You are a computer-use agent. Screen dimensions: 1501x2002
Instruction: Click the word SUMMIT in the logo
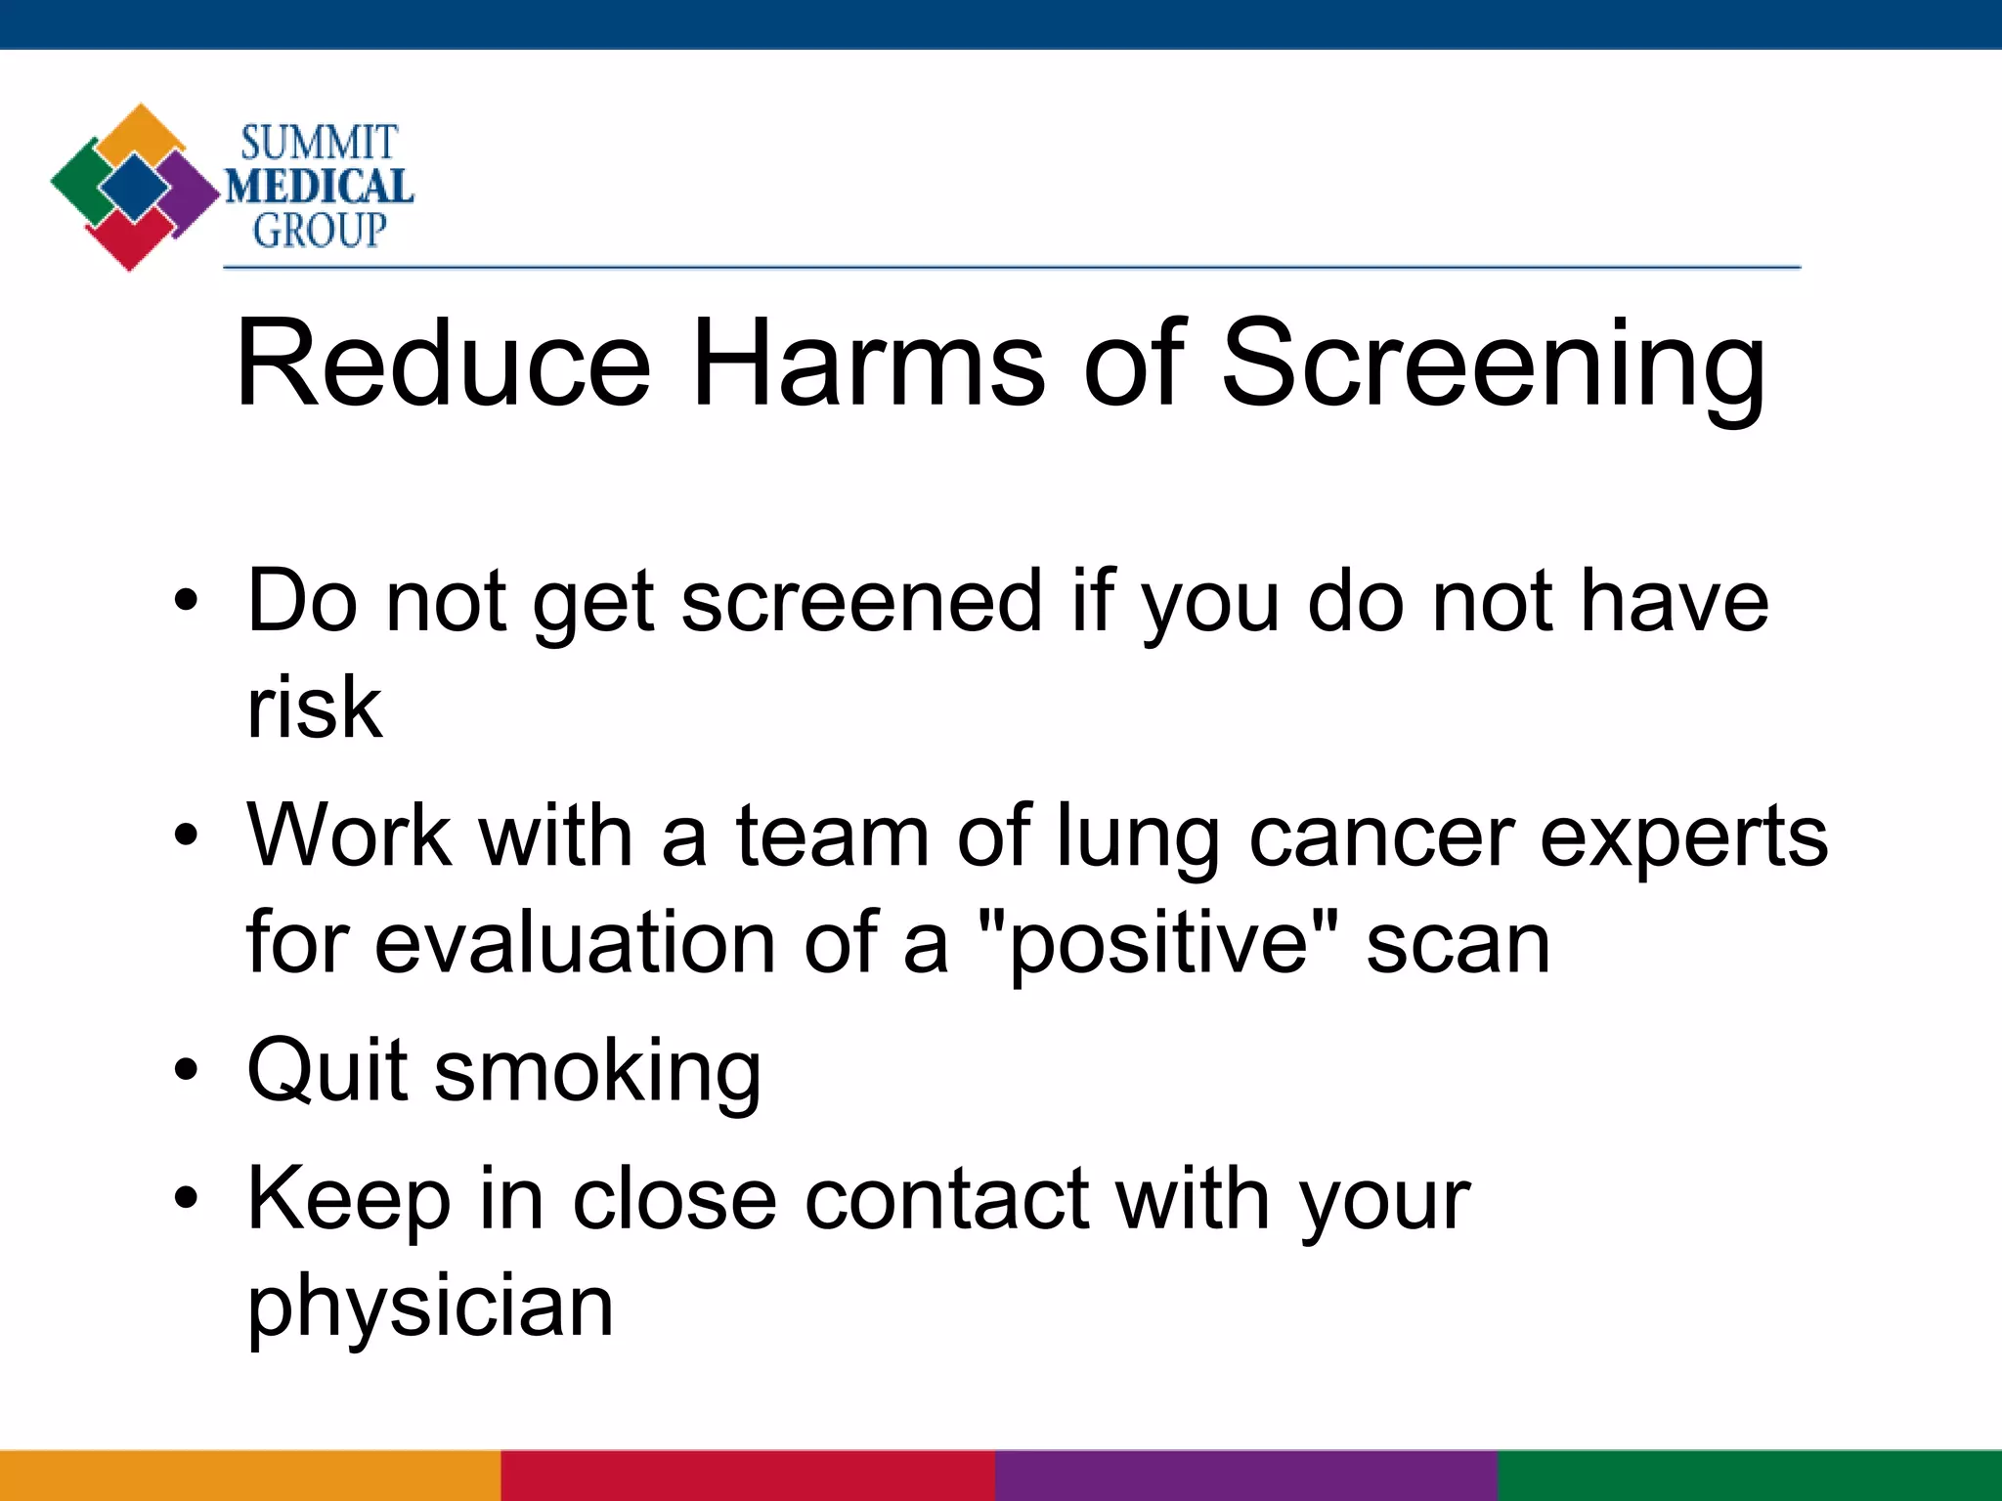(319, 143)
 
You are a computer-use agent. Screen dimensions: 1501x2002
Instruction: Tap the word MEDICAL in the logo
(320, 187)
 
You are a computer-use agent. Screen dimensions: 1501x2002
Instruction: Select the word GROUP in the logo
(320, 231)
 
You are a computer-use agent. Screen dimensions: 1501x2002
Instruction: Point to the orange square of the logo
(142, 132)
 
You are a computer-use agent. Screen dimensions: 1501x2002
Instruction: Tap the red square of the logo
(127, 239)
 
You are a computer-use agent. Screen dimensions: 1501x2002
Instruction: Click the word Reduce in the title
(443, 364)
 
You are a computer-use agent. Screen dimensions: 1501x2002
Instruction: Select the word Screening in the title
(1494, 364)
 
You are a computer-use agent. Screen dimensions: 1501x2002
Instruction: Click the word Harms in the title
(868, 364)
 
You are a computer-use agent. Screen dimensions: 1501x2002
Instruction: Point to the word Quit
(326, 1070)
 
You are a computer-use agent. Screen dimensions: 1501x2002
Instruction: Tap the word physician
(430, 1308)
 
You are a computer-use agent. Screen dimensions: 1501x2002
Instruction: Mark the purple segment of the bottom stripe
(1246, 1476)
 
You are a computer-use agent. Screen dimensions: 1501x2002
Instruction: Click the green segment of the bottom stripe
(1750, 1476)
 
